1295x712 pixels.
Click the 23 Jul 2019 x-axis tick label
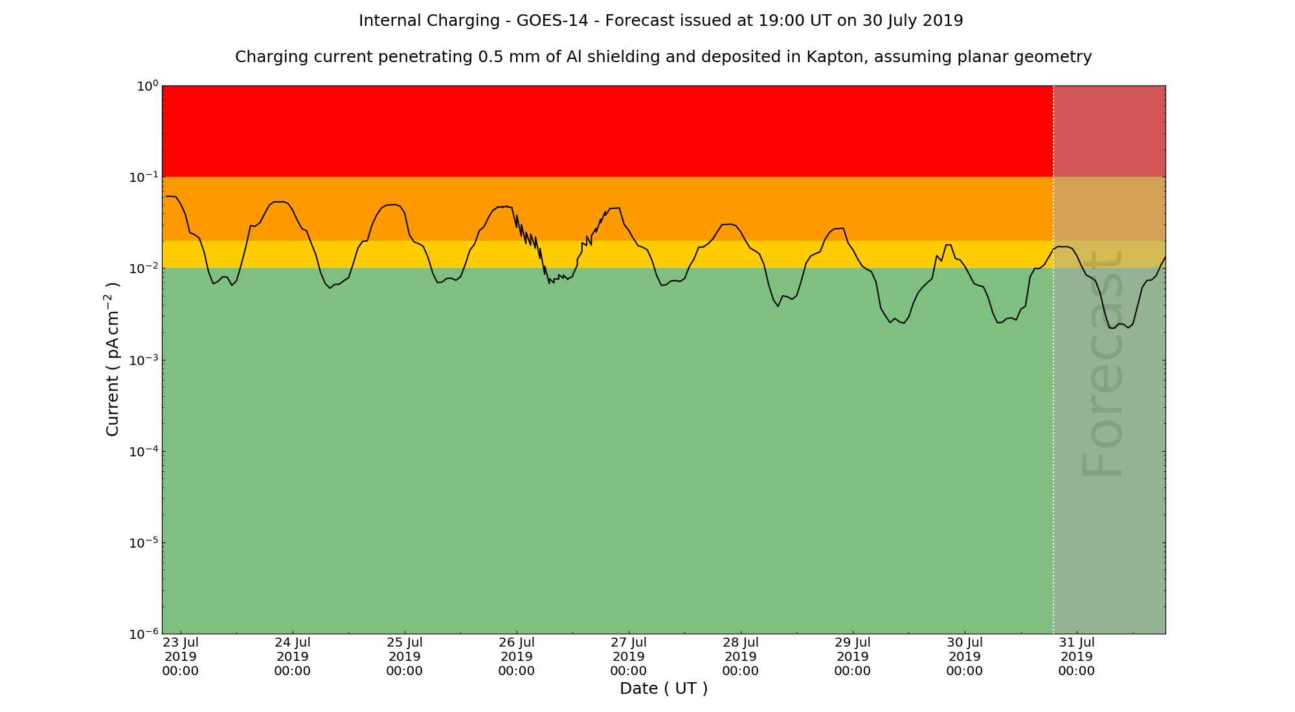[181, 656]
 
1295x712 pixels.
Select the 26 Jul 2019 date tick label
[517, 656]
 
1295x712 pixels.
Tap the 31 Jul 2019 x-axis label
[1076, 656]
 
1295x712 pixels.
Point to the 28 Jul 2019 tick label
[741, 656]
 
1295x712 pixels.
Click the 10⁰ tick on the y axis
[147, 86]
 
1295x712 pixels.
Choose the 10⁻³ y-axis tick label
[144, 361]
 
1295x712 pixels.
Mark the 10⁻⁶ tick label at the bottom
[144, 634]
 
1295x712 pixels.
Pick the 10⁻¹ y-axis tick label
[144, 177]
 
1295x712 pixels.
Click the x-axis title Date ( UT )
[664, 689]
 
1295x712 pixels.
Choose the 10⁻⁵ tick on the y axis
[144, 543]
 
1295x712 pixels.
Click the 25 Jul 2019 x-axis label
[405, 656]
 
